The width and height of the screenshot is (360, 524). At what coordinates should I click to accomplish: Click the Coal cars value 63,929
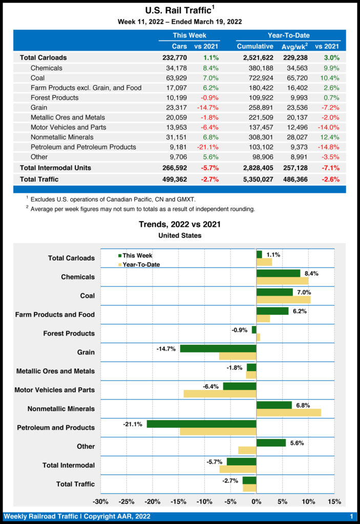point(176,78)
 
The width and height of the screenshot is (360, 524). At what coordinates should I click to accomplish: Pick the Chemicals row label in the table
point(47,68)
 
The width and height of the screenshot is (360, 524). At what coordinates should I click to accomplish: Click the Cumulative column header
point(255,47)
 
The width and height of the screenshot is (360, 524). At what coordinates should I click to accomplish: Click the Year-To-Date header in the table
point(288,35)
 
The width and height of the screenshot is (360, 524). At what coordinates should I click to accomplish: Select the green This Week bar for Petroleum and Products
point(201,424)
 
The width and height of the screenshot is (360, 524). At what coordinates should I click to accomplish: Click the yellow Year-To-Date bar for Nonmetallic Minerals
point(288,412)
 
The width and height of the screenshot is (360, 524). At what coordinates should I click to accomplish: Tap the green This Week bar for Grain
point(218,348)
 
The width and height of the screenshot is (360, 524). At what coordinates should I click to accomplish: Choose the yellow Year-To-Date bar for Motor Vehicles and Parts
point(220,394)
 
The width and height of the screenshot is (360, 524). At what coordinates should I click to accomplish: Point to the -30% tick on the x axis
point(100,501)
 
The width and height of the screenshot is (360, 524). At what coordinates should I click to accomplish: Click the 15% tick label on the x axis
point(334,501)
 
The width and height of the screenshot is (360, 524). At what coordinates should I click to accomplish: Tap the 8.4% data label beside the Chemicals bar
point(311,273)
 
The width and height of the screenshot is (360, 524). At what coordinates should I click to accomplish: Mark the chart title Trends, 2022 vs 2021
point(180,224)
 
